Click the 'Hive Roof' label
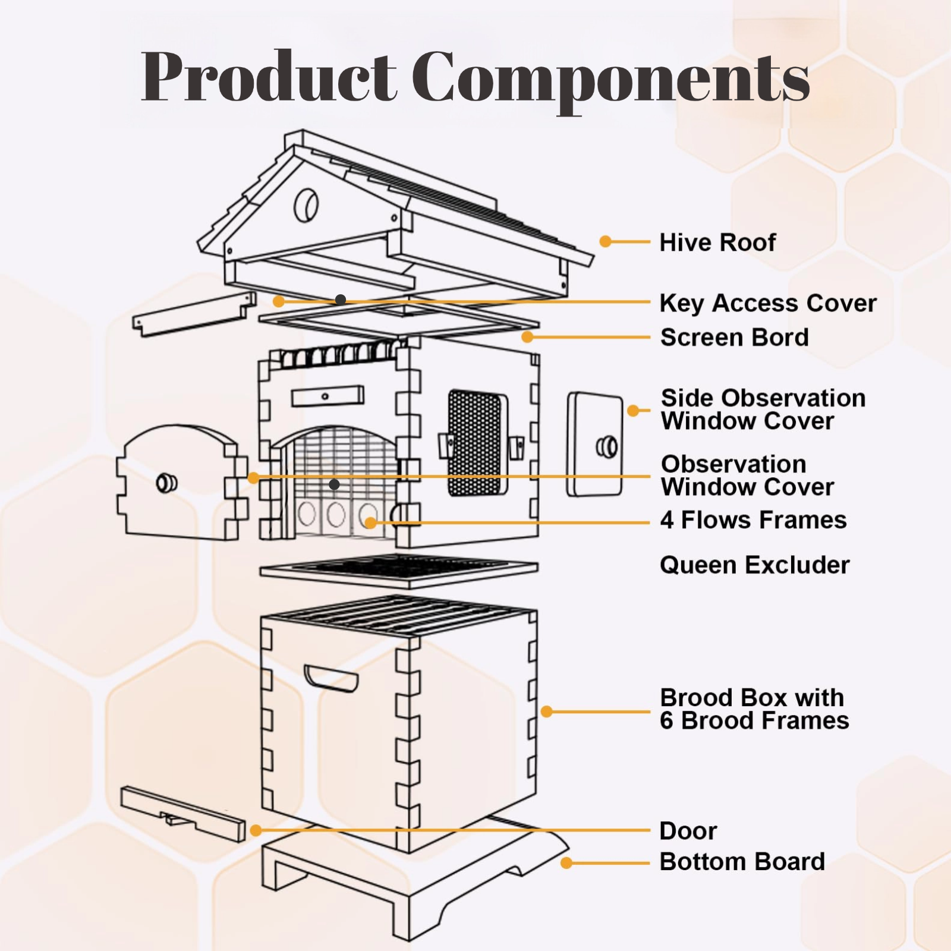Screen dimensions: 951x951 click(717, 243)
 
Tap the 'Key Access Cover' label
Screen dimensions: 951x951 click(768, 303)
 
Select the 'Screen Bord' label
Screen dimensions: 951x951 click(735, 338)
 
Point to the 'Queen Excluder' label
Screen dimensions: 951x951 click(754, 565)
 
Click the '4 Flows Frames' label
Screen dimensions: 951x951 click(753, 520)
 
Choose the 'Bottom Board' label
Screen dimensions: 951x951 click(742, 862)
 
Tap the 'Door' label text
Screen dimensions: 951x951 click(688, 831)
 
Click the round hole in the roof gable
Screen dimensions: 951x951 click(307, 206)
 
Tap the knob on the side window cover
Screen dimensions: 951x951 click(607, 447)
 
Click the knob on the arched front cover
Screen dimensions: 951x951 click(166, 483)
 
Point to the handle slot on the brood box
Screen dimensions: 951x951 click(330, 678)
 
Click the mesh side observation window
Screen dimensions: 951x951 click(476, 443)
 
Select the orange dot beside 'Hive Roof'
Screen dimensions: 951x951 click(605, 241)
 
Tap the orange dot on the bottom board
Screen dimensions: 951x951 click(566, 862)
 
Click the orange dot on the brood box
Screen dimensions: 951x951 click(547, 711)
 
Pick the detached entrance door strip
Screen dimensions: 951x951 click(182, 813)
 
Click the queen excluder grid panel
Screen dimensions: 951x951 click(398, 569)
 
